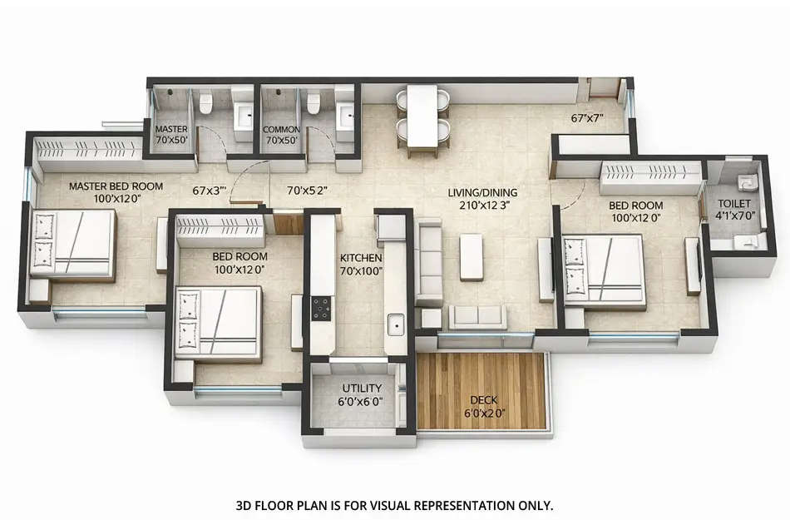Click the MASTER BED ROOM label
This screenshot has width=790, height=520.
click(116, 186)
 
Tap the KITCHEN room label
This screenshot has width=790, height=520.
click(361, 259)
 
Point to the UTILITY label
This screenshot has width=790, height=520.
click(362, 389)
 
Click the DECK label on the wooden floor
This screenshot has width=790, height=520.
click(483, 399)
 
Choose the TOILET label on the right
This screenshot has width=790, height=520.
click(734, 203)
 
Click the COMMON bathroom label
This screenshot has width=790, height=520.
click(281, 131)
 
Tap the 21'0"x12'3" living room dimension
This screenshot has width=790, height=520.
click(481, 205)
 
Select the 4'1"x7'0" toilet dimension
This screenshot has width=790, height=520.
click(734, 215)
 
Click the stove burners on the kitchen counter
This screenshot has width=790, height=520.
click(321, 310)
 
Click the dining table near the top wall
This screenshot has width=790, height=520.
click(422, 116)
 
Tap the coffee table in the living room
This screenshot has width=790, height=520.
click(472, 256)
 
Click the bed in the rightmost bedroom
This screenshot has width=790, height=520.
click(604, 272)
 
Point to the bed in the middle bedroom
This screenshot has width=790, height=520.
click(219, 324)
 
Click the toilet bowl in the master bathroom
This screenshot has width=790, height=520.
click(206, 104)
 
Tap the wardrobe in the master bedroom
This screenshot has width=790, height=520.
click(87, 151)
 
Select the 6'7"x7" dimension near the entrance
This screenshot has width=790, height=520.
click(586, 119)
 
